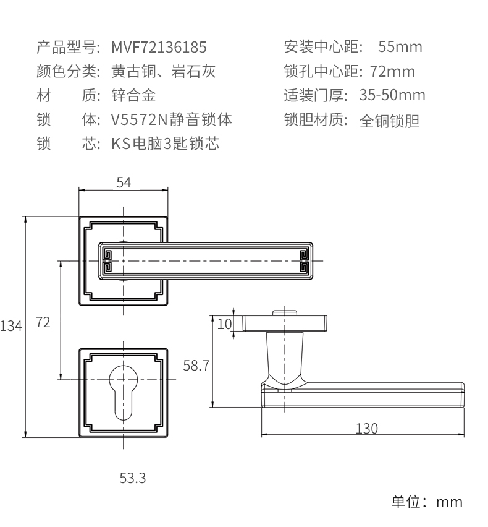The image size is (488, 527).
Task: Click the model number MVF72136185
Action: pyautogui.click(x=159, y=47)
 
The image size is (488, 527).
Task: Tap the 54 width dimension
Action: pyautogui.click(x=124, y=182)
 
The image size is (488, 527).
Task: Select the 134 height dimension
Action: pyautogui.click(x=11, y=325)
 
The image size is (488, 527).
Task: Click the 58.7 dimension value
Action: pyautogui.click(x=196, y=366)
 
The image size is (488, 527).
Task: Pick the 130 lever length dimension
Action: pyautogui.click(x=366, y=428)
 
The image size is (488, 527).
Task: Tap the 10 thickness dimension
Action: pyautogui.click(x=224, y=323)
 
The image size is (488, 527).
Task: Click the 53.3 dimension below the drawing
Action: pyautogui.click(x=133, y=478)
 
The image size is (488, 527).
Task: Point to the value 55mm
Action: pyautogui.click(x=400, y=47)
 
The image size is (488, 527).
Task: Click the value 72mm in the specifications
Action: pyautogui.click(x=392, y=72)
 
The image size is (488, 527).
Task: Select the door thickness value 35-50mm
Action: pyautogui.click(x=392, y=96)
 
